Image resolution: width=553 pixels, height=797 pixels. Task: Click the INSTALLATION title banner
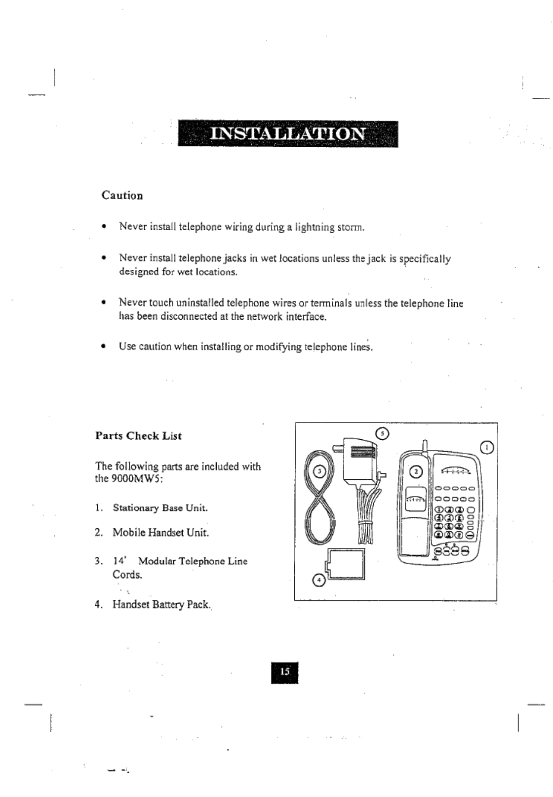(x=288, y=134)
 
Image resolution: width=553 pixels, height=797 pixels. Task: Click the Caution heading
(x=122, y=196)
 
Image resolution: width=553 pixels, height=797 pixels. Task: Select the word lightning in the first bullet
(x=315, y=228)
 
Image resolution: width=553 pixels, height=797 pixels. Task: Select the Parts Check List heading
(x=138, y=436)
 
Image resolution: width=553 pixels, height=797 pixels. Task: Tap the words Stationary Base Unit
(x=160, y=508)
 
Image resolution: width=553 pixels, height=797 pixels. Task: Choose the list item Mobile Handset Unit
(x=161, y=533)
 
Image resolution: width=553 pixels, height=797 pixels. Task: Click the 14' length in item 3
(x=119, y=561)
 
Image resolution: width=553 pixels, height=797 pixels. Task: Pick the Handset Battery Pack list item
(x=161, y=604)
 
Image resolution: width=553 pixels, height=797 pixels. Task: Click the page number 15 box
(x=285, y=672)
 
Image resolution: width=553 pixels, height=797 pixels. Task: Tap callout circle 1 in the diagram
(x=487, y=448)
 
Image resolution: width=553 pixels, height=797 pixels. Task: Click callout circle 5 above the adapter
(x=382, y=434)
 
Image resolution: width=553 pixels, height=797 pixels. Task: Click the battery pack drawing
(x=346, y=564)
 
